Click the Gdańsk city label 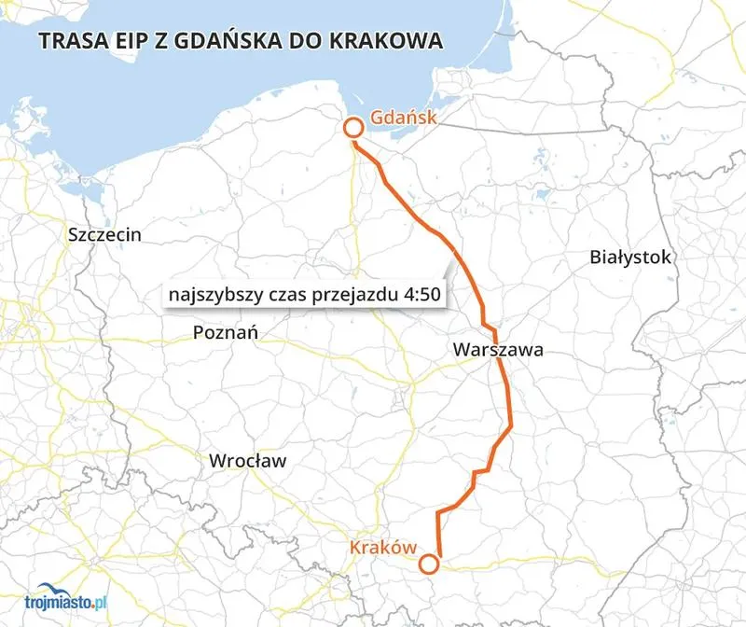point(403,118)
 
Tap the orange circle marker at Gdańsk point(353,129)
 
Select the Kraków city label point(382,547)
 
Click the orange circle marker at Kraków point(429,564)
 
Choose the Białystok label point(630,258)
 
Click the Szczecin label point(105,234)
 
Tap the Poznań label point(226,332)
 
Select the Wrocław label point(248,461)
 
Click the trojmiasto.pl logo point(56,604)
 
